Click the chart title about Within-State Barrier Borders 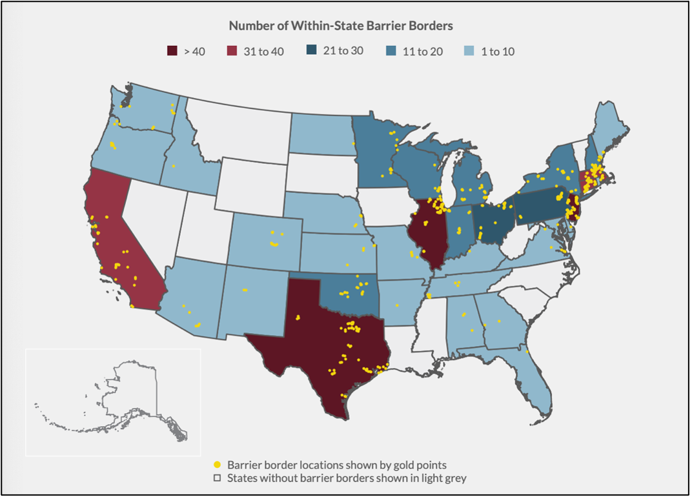341,26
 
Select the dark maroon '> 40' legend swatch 172,51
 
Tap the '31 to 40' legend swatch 232,51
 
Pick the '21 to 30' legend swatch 311,50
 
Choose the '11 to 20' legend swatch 391,51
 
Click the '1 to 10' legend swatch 470,51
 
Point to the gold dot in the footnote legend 218,465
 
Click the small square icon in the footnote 218,478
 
